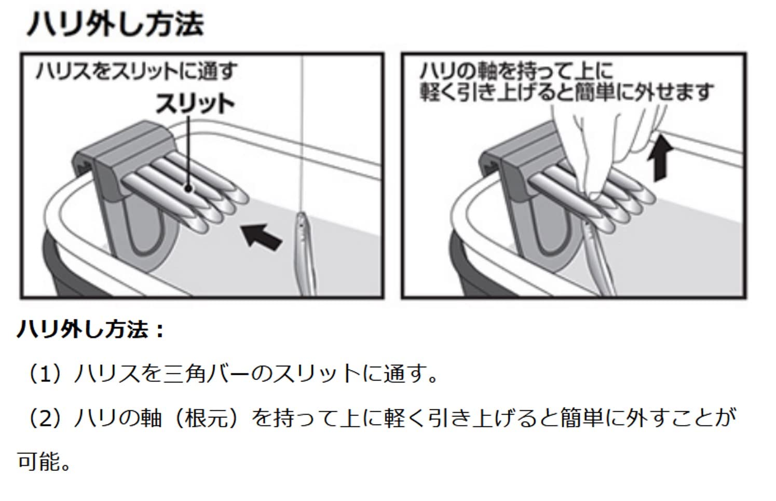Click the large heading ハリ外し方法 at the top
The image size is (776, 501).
coord(115,24)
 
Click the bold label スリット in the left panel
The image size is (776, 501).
coord(195,104)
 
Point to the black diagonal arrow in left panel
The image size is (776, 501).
coord(262,236)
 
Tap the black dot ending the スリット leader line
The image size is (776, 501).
coord(187,190)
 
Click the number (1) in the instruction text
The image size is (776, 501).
coord(47,373)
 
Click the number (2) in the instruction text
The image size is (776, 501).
coord(47,418)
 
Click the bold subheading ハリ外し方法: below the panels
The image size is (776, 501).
coord(91,329)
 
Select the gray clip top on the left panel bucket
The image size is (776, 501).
coord(125,143)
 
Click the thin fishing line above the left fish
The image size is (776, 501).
coord(302,130)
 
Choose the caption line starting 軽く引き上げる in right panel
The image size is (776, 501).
coord(566,93)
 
